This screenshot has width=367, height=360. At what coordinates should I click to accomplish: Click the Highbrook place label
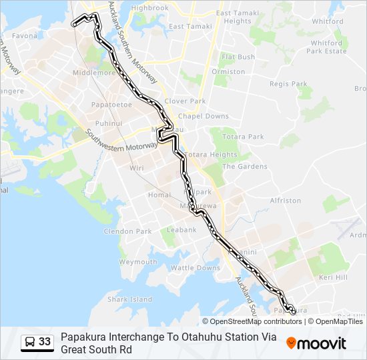150,8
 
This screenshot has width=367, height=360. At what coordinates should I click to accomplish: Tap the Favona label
24,35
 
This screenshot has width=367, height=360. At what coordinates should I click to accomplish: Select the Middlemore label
95,73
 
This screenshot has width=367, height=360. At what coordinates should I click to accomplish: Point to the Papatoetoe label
111,105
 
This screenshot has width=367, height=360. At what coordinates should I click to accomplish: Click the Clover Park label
185,101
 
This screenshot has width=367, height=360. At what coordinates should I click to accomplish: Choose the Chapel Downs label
204,116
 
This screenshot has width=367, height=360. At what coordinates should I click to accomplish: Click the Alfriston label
286,201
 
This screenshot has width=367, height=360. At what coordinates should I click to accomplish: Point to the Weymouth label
138,262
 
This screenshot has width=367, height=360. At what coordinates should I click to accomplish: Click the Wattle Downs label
196,268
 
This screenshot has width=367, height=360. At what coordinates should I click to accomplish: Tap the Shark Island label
130,300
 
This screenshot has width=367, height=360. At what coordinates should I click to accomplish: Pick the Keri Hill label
334,277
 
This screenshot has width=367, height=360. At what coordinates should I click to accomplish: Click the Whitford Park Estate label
327,47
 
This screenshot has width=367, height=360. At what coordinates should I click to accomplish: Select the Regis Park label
288,84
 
